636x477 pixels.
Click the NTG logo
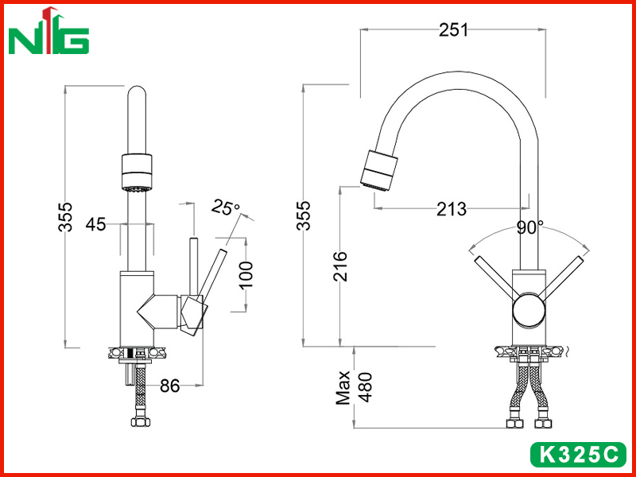(x=48, y=31)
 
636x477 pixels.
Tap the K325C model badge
(x=579, y=455)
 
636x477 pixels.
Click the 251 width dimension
(x=453, y=30)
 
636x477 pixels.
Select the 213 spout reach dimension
(x=452, y=209)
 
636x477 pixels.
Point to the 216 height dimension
(x=340, y=266)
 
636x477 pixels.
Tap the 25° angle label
(x=226, y=207)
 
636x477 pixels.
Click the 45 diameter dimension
(x=95, y=224)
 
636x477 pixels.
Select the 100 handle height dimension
(x=246, y=275)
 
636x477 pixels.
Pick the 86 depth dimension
(x=169, y=386)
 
